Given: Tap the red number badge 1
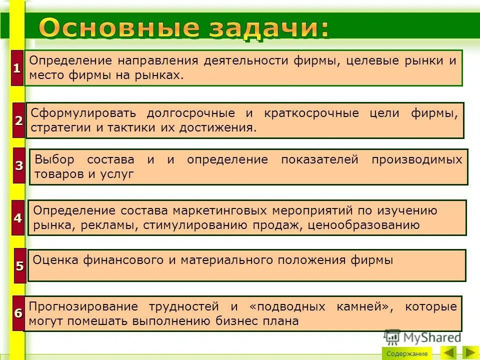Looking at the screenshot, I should (17, 68).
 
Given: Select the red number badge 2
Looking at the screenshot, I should (18, 120).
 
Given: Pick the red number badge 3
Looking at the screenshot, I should (19, 165).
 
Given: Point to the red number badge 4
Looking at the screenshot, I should (18, 218).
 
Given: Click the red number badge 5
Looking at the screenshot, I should (19, 265).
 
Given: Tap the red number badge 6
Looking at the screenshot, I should (18, 313).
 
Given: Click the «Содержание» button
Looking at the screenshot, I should (406, 353).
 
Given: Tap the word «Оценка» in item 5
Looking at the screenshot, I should (54, 260).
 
